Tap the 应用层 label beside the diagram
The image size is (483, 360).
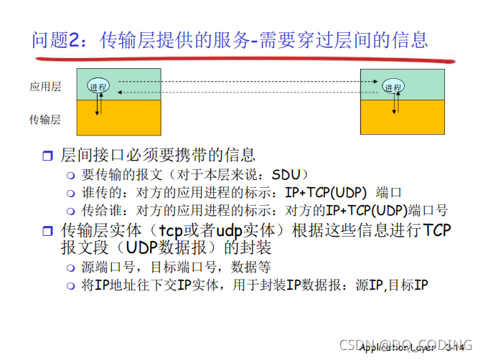tap(45, 87)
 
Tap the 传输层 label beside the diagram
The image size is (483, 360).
tap(45, 120)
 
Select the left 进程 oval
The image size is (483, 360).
tap(98, 86)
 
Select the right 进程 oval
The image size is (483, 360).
tap(393, 87)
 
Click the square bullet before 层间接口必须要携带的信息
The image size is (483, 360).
tap(48, 156)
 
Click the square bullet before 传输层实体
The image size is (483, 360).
tap(48, 231)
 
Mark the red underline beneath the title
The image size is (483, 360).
tap(237, 58)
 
